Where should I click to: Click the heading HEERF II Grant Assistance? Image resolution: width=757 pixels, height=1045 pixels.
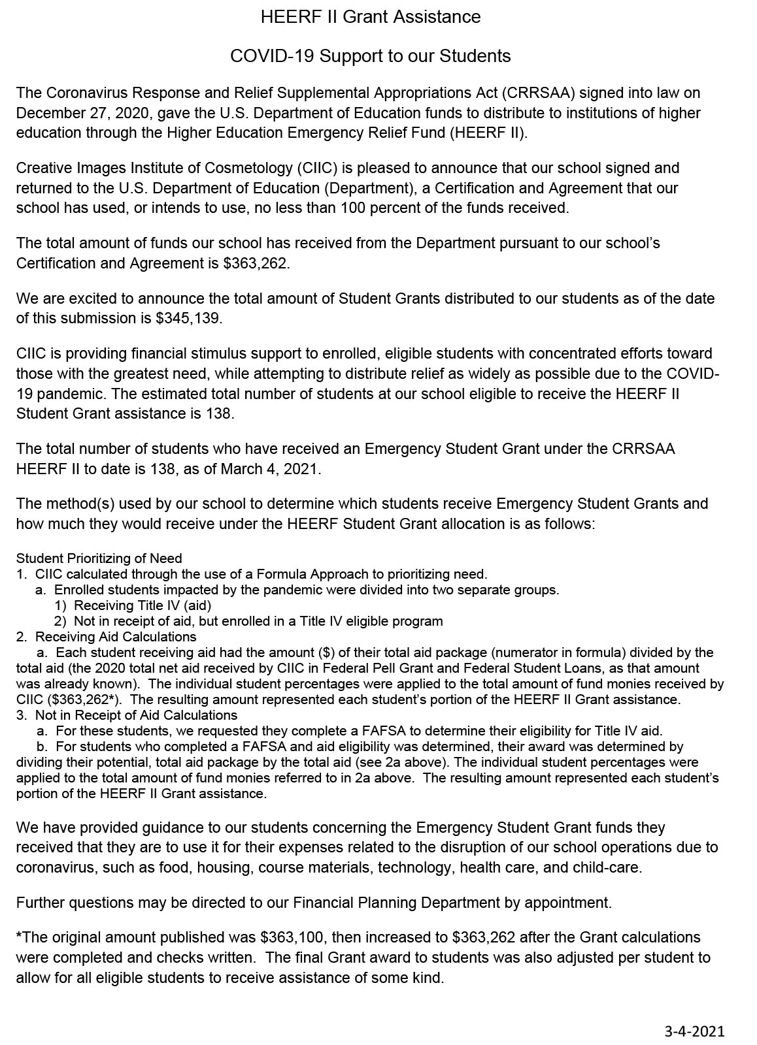(371, 17)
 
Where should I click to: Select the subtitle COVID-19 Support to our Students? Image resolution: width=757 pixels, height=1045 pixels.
(370, 56)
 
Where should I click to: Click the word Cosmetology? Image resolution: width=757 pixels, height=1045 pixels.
(252, 168)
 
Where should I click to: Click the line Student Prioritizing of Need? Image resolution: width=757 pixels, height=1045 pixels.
(99, 558)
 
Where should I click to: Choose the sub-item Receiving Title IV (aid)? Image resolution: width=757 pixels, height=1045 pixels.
(143, 605)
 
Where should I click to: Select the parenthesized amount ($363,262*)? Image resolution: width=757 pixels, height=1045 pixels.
(85, 699)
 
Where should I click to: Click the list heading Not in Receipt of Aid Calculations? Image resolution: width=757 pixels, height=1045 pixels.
(136, 715)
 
